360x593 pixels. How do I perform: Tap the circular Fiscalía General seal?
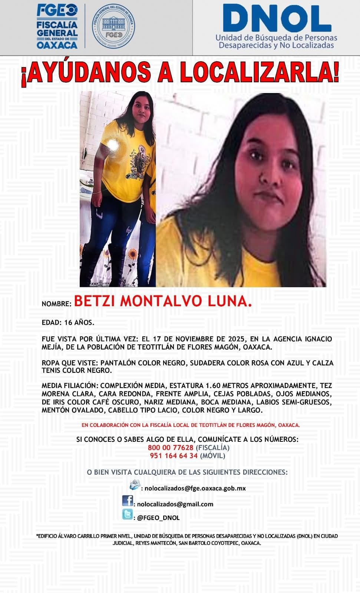pos(114,26)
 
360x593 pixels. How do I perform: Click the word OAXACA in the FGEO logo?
pos(57,45)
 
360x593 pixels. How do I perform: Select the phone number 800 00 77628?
pos(171,448)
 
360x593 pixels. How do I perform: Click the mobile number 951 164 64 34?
pos(174,456)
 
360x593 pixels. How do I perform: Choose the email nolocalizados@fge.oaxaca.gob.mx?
pos(195,488)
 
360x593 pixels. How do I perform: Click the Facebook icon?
pos(128,501)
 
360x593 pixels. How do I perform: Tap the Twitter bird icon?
pos(128,515)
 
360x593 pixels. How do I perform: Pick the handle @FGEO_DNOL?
pos(158,518)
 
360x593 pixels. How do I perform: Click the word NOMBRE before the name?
pos(56,304)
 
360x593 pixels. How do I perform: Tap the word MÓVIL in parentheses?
pos(212,456)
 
